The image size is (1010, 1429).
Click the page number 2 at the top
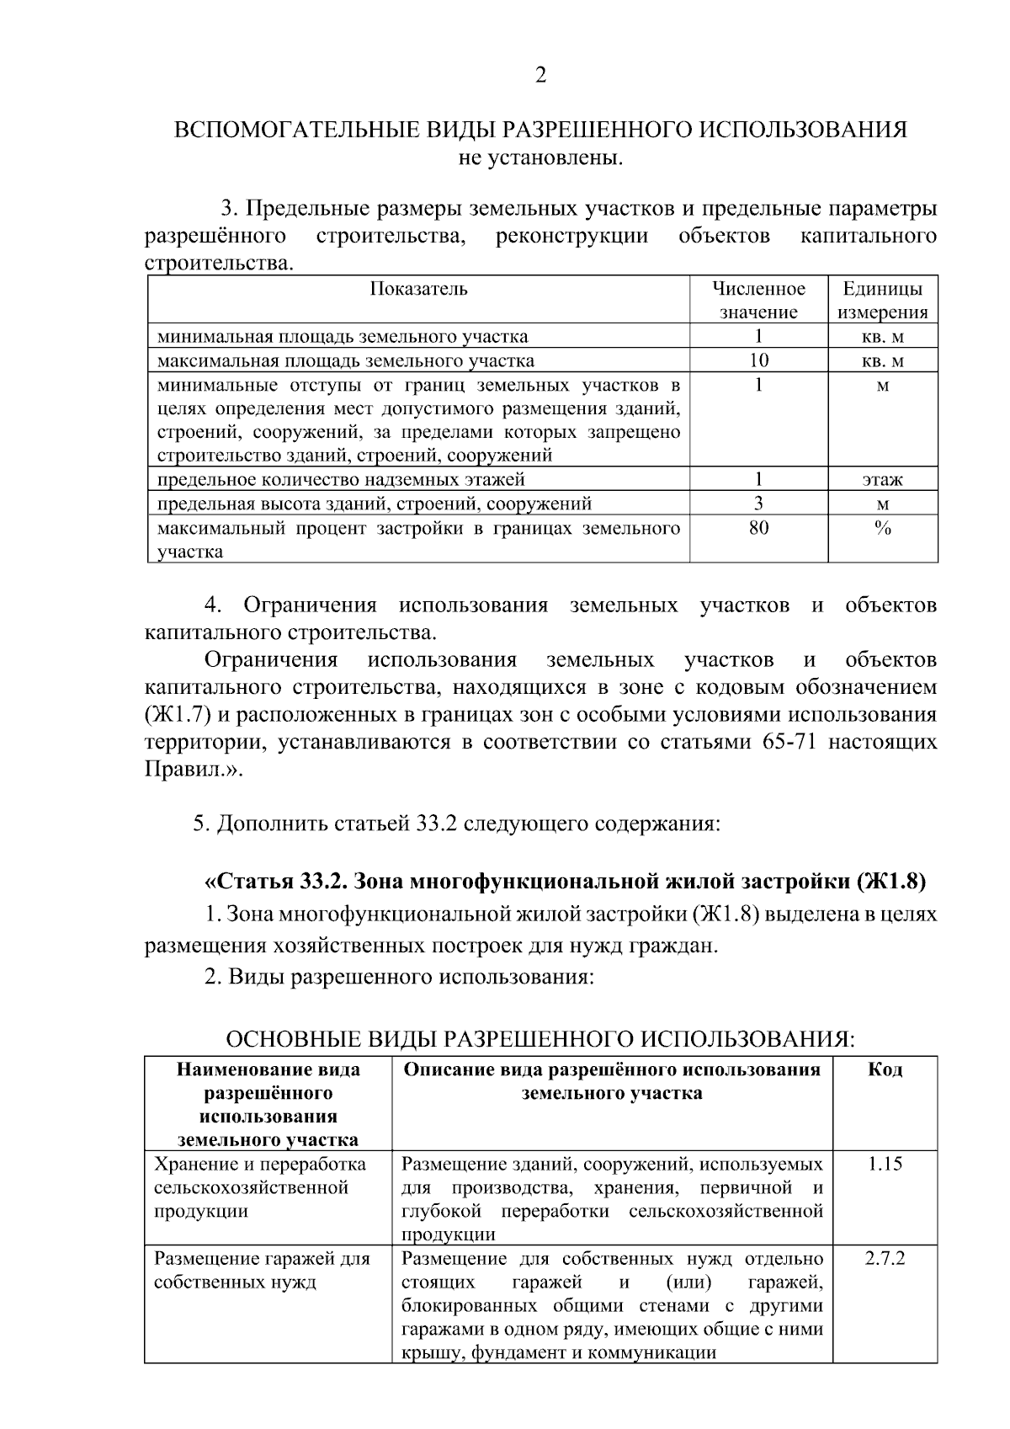click(540, 76)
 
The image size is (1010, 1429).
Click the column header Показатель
click(418, 289)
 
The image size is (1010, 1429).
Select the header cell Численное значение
click(758, 301)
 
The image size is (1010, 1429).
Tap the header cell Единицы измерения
click(883, 301)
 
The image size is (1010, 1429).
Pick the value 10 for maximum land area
click(758, 360)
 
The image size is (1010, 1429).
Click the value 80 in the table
click(758, 528)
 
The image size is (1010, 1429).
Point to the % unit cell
click(883, 528)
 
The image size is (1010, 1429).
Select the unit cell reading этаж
click(883, 480)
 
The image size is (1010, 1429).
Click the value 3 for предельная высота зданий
click(758, 504)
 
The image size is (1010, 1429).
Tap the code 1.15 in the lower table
click(885, 1164)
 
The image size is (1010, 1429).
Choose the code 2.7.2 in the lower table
click(885, 1259)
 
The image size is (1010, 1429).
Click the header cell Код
click(885, 1069)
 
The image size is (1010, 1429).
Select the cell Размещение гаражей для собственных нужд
click(262, 1271)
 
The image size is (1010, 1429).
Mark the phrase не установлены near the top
click(540, 157)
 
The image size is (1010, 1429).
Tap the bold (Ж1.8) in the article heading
click(891, 882)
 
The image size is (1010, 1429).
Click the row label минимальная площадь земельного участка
click(343, 337)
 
